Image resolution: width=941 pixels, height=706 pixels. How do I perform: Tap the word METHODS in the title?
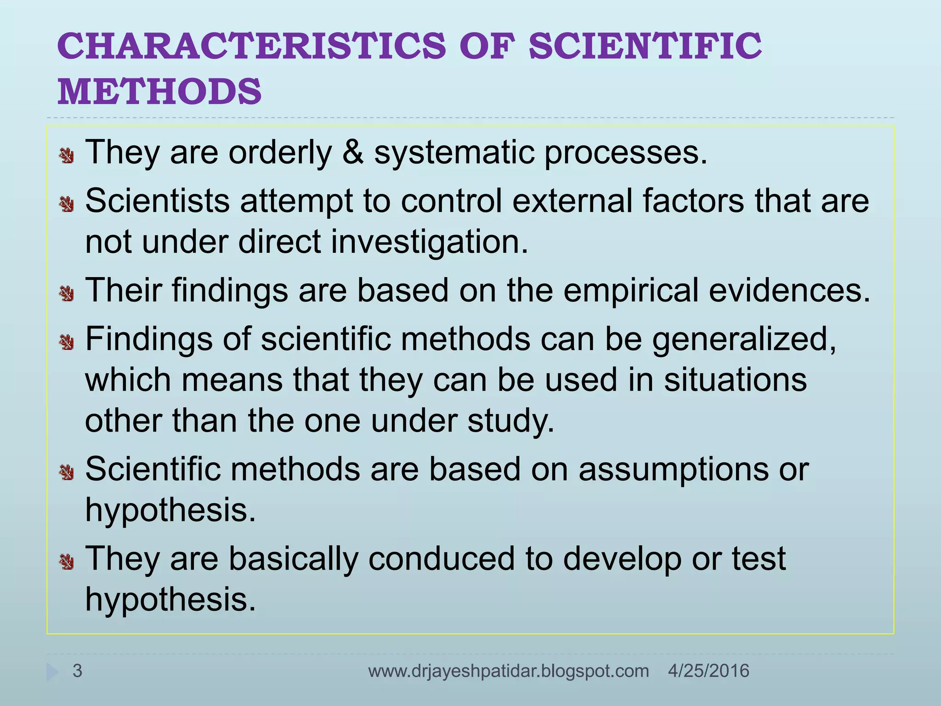pyautogui.click(x=159, y=91)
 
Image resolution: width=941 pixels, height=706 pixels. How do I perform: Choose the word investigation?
pyautogui.click(x=429, y=243)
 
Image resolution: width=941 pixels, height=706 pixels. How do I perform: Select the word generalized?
pyautogui.click(x=744, y=340)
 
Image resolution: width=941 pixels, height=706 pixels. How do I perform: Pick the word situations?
pyautogui.click(x=735, y=380)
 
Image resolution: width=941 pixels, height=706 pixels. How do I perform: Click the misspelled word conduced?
pyautogui.click(x=442, y=559)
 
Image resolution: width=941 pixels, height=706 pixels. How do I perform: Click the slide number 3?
pyautogui.click(x=77, y=671)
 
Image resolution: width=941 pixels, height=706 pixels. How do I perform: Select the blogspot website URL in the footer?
pyautogui.click(x=508, y=671)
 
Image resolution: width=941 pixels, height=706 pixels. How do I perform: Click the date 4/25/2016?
pyautogui.click(x=709, y=671)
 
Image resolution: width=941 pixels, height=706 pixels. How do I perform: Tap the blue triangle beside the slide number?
pyautogui.click(x=52, y=672)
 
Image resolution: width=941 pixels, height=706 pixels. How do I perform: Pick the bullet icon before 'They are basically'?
pyautogui.click(x=67, y=561)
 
